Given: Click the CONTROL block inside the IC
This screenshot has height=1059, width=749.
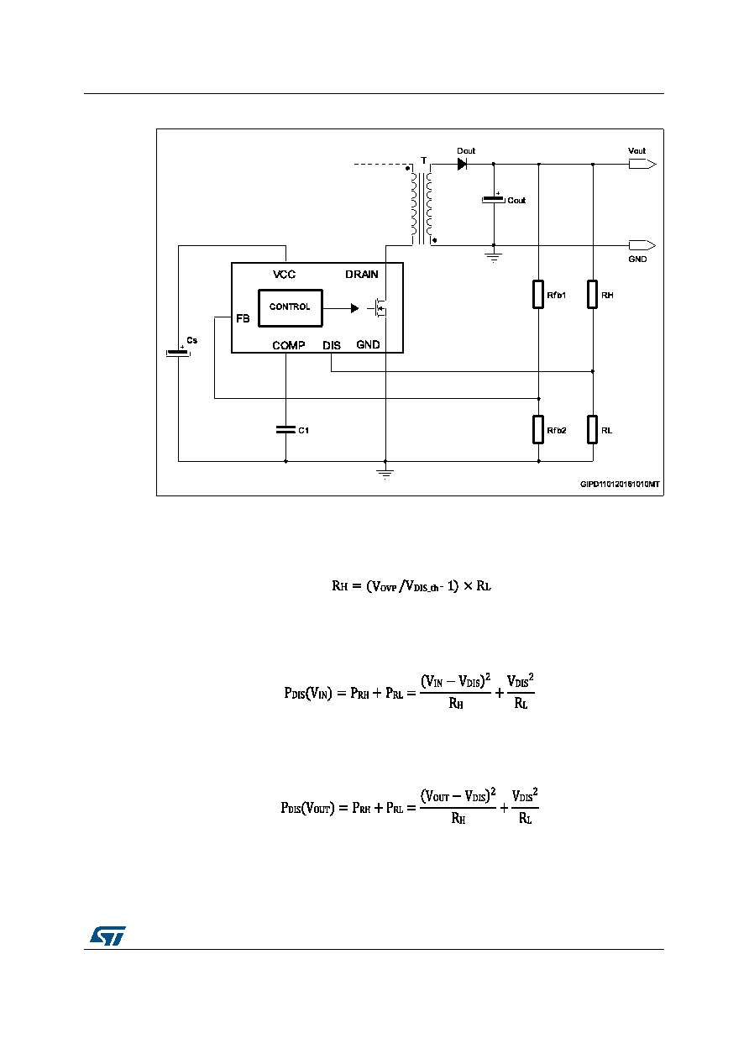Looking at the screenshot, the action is [x=291, y=307].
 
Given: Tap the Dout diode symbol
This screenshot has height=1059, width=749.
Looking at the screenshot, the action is [x=462, y=164].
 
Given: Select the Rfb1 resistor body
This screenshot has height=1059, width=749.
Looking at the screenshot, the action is [x=538, y=294].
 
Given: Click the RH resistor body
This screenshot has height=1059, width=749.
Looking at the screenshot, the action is [x=592, y=294].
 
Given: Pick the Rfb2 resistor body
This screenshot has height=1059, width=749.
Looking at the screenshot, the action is [x=538, y=429].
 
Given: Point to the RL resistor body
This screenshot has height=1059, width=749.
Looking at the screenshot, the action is [x=592, y=429].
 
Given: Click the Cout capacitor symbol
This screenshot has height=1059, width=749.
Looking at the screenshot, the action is [x=494, y=199].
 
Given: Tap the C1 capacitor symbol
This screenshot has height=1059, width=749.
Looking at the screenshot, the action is [x=285, y=429].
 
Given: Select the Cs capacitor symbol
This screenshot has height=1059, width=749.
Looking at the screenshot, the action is [x=178, y=352].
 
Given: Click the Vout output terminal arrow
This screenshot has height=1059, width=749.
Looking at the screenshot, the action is [x=642, y=164].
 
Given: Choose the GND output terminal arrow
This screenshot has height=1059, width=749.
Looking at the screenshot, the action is [x=642, y=245].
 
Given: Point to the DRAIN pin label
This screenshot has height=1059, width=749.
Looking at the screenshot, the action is [x=362, y=275].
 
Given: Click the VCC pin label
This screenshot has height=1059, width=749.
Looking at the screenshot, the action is [x=284, y=275].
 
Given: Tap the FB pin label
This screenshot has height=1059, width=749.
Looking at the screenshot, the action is [x=243, y=318].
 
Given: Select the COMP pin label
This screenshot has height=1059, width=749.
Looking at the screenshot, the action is [x=289, y=345].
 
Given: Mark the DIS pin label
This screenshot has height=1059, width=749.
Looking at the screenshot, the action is [x=332, y=345].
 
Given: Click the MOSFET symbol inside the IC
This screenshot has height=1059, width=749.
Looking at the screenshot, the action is [x=378, y=308].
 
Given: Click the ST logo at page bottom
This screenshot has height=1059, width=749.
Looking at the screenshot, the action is [x=107, y=936].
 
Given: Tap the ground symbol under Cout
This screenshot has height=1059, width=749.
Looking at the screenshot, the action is [x=494, y=257].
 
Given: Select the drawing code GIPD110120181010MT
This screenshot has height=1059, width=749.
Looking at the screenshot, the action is [x=620, y=484].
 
